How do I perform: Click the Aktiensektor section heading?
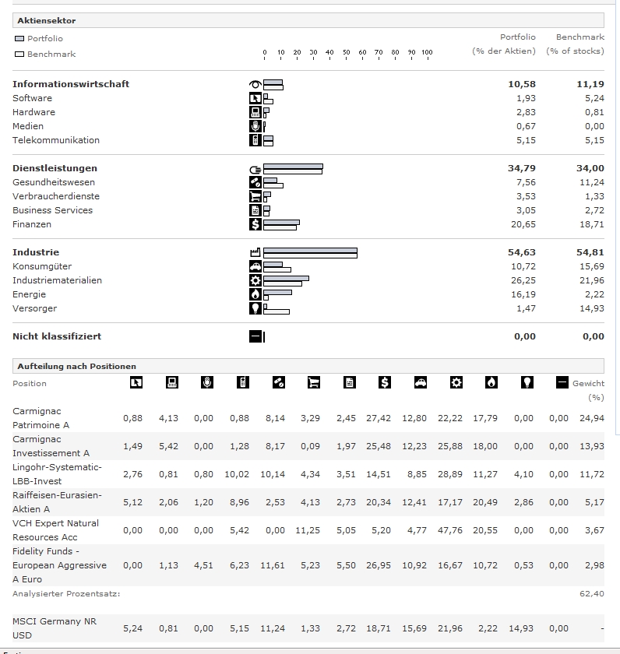pos(47,21)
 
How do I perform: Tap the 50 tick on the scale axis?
pos(346,52)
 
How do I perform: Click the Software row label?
pos(32,98)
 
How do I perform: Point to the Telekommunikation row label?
pos(56,140)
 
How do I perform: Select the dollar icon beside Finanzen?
pos(255,224)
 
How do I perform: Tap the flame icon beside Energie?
pos(255,294)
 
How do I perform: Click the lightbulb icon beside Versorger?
pos(255,308)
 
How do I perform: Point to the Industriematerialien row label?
pos(57,280)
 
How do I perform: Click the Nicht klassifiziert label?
pos(57,336)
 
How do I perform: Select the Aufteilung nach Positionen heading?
pos(76,366)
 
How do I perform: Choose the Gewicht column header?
pos(588,384)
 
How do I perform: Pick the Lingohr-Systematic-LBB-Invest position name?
pos(57,474)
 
